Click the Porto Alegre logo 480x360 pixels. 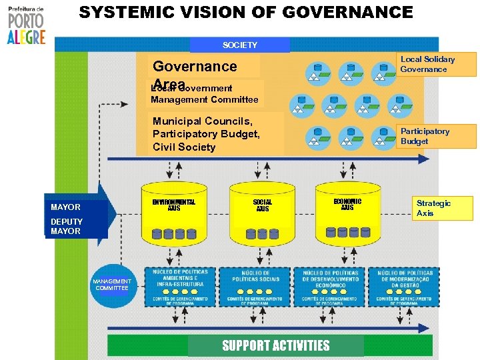[x=26, y=25]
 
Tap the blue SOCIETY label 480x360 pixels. [x=240, y=45]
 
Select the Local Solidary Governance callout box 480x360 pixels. [x=437, y=64]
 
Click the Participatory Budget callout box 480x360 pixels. [x=437, y=136]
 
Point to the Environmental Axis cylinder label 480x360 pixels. [x=173, y=204]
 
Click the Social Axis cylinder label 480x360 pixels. [x=263, y=205]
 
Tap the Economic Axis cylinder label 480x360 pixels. [x=347, y=204]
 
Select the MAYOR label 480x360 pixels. [x=66, y=207]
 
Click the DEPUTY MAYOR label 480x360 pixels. [x=67, y=227]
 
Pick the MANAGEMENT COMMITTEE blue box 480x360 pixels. [x=112, y=285]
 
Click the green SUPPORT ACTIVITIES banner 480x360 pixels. [x=275, y=345]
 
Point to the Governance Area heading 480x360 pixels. [x=195, y=67]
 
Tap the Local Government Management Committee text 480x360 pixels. [x=205, y=94]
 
